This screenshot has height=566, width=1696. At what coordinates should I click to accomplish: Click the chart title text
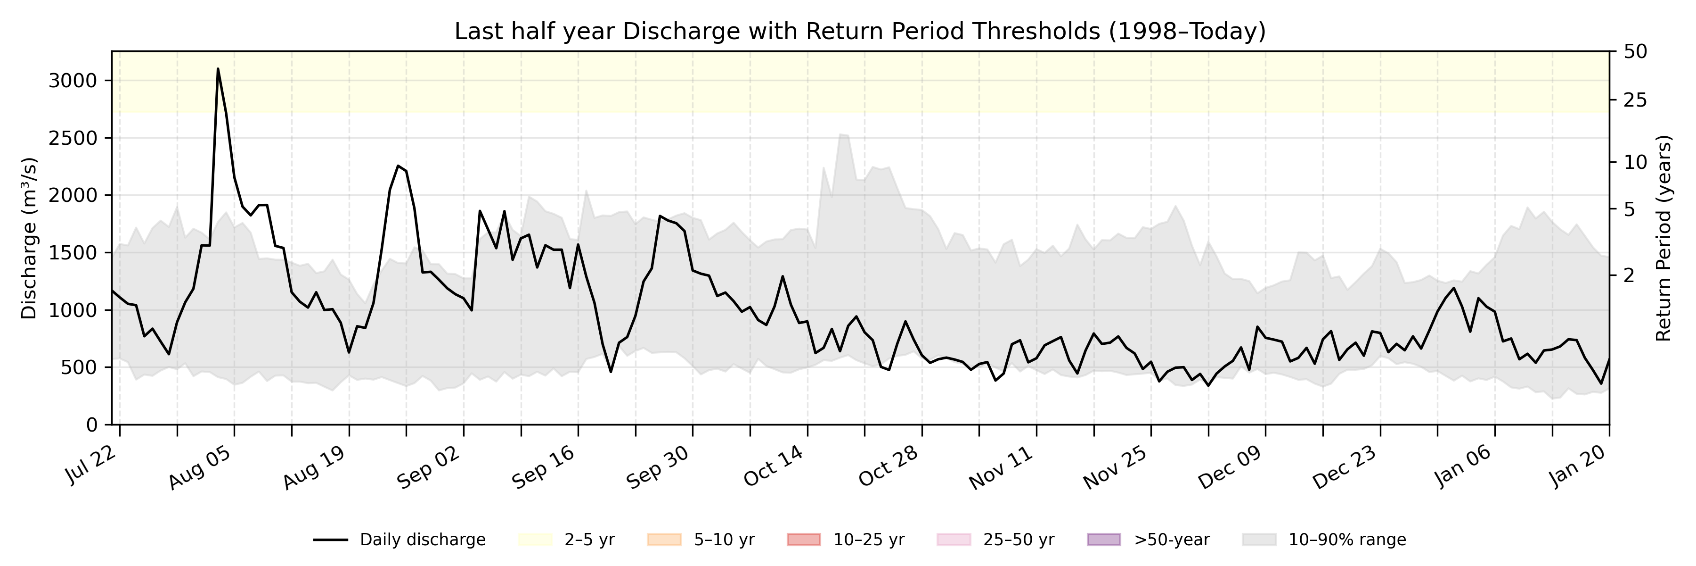tap(860, 31)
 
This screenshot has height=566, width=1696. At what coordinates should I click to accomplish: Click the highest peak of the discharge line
tap(218, 68)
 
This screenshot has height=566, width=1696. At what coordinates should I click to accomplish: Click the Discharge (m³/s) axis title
tap(29, 239)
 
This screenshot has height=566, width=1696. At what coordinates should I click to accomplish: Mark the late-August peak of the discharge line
tap(398, 166)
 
